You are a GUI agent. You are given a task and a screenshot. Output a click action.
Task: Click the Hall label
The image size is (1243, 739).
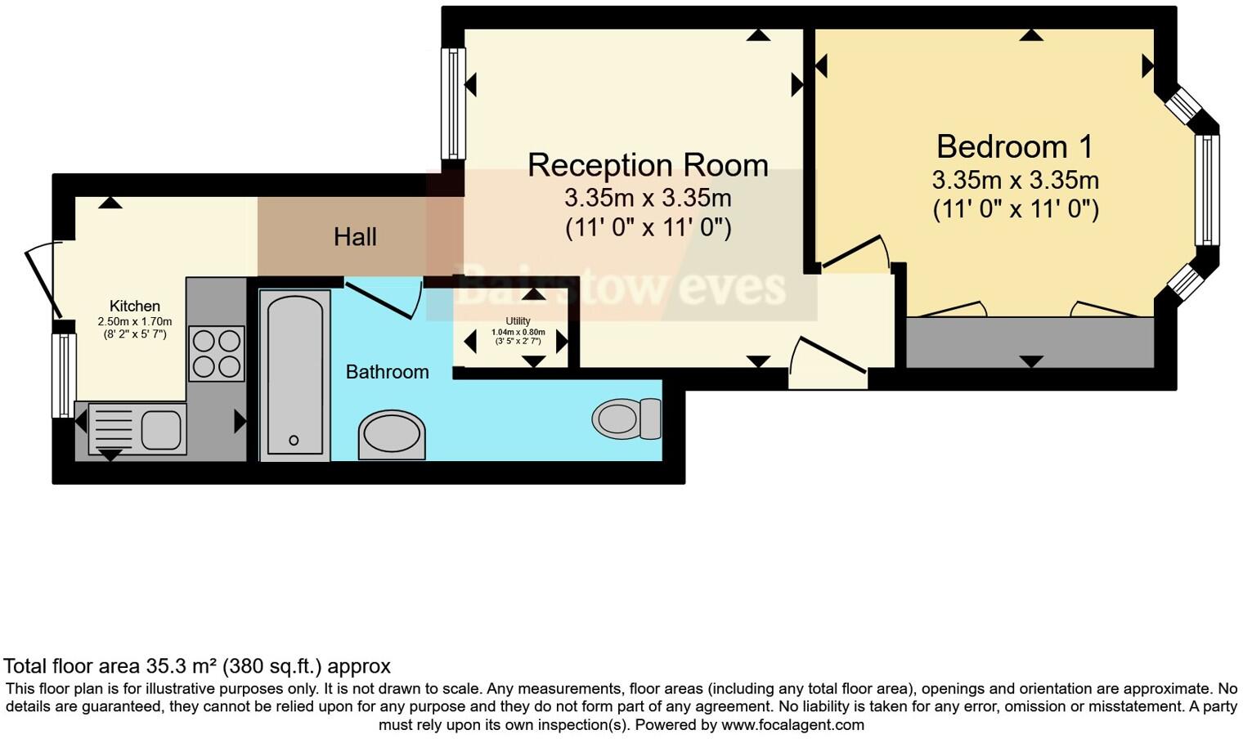(x=355, y=237)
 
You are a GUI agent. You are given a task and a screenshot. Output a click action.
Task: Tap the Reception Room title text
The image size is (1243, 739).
(x=648, y=165)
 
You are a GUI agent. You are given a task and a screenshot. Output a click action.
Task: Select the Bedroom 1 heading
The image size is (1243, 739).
(x=1015, y=147)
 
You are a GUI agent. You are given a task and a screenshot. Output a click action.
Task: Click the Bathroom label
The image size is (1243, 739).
(x=387, y=372)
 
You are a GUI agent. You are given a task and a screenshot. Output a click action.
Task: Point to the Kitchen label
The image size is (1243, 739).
(x=135, y=307)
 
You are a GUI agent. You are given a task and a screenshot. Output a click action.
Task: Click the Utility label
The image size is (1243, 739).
(x=518, y=321)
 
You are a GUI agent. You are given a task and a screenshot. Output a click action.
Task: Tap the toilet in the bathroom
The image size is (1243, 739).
(x=626, y=419)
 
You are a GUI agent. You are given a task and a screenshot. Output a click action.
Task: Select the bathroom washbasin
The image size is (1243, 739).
(x=393, y=434)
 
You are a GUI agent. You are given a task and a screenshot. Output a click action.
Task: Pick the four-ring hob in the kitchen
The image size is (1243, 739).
(x=217, y=353)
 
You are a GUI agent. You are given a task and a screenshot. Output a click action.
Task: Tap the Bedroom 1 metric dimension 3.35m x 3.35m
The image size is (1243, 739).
(x=1015, y=180)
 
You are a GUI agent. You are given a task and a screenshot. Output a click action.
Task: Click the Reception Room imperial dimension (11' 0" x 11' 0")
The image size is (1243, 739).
(x=648, y=227)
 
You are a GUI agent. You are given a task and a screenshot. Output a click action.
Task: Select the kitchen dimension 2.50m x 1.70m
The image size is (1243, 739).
(x=135, y=321)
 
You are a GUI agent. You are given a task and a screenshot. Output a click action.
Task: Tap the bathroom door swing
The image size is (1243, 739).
(x=383, y=299)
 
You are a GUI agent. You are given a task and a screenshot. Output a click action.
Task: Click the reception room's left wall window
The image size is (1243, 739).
(x=453, y=103)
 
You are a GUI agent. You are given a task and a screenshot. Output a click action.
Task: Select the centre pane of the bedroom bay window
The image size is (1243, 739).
(x=1206, y=190)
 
